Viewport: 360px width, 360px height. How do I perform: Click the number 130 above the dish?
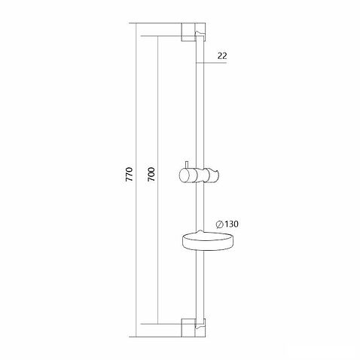click(231, 224)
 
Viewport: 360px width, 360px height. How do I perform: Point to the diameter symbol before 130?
click(218, 224)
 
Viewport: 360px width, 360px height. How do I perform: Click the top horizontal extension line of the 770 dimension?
click(158, 25)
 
